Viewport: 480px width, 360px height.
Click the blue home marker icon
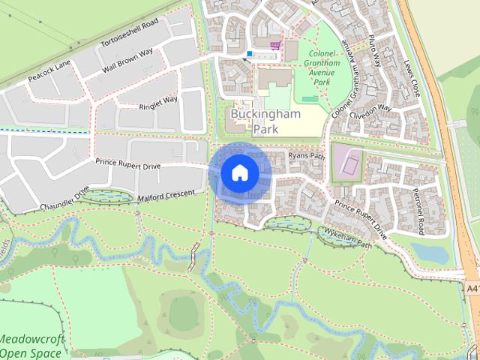click(x=239, y=172)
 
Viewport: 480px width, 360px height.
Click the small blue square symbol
click(x=250, y=53)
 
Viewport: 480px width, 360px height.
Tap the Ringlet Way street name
click(x=158, y=102)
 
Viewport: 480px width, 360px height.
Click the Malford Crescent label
click(x=166, y=196)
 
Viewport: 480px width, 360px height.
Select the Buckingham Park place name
click(x=265, y=121)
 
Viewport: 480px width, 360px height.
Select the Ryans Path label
click(x=307, y=156)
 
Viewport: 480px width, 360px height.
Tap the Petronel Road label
click(x=419, y=211)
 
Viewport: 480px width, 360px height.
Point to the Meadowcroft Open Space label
click(x=31, y=346)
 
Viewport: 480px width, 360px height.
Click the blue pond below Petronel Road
click(x=429, y=253)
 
